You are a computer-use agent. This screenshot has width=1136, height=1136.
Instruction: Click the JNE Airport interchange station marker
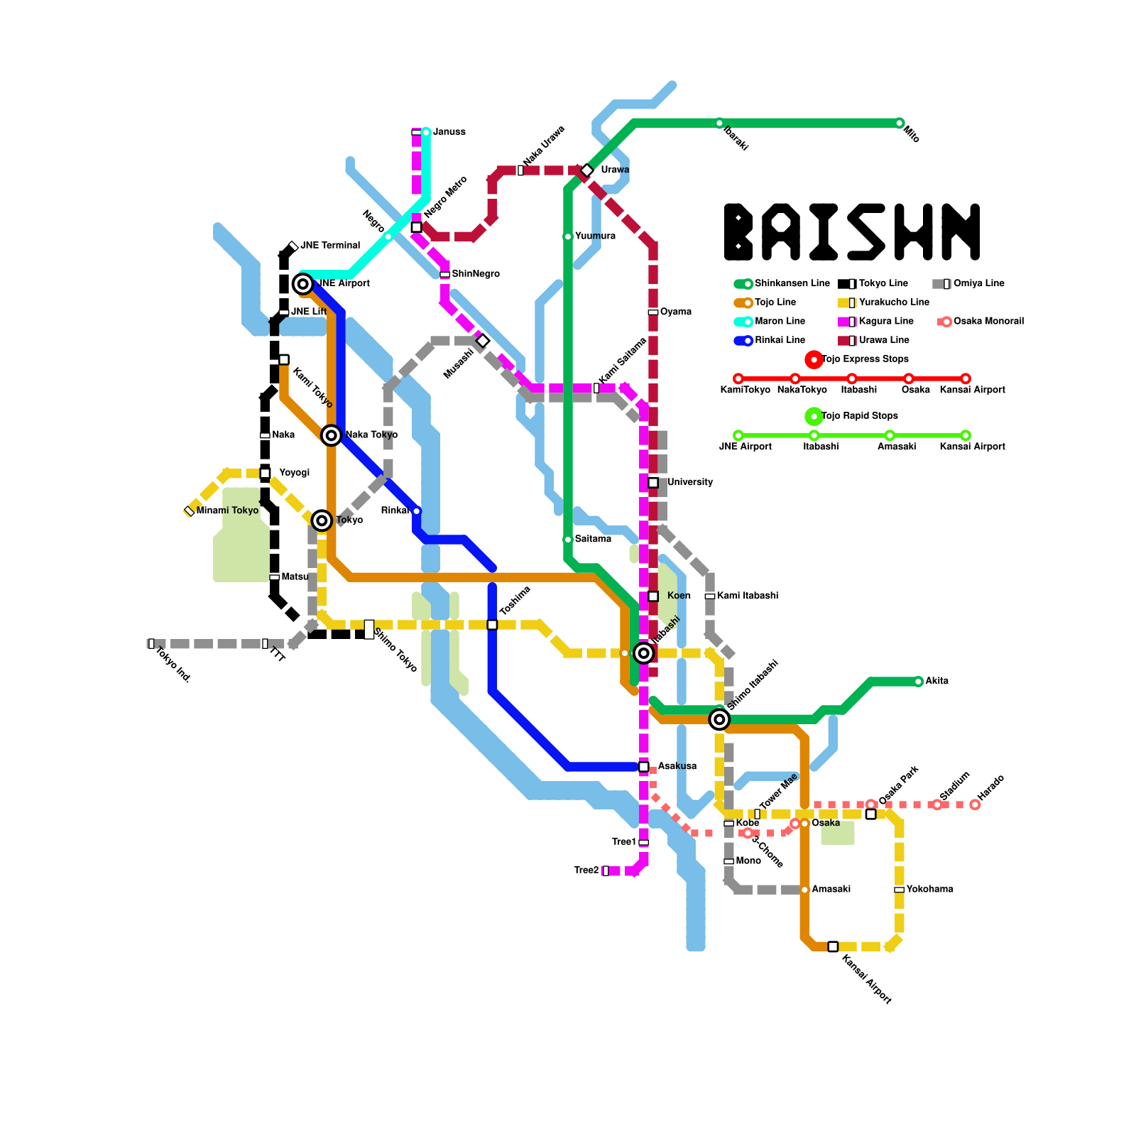303,284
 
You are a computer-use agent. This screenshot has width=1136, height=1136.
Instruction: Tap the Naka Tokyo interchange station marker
331,435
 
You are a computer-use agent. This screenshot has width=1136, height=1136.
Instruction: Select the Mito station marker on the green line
900,124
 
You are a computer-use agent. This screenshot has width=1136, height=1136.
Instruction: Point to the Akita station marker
919,682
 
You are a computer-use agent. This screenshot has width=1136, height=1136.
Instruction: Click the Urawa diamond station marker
586,170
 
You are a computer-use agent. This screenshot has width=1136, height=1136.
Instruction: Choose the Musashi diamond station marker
483,341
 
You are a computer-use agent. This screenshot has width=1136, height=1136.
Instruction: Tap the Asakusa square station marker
643,767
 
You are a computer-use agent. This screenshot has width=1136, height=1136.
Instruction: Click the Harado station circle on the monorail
975,805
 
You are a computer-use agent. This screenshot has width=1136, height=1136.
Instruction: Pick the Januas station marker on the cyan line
426,132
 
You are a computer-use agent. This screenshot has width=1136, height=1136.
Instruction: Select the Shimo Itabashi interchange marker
719,720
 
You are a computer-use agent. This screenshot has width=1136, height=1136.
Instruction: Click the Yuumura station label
595,236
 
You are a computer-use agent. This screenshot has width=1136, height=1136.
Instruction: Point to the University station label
690,483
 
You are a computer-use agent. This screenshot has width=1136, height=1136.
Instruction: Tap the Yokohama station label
929,890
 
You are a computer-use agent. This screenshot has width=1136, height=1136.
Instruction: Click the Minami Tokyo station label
227,511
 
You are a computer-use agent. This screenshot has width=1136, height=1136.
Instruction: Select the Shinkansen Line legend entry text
792,284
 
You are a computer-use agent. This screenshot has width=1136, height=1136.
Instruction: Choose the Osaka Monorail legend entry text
988,322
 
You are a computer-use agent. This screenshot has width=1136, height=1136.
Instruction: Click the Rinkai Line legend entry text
780,341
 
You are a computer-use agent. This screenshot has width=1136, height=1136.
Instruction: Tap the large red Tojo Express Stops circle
814,360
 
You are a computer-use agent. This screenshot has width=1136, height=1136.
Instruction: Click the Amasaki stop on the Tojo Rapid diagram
890,436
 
